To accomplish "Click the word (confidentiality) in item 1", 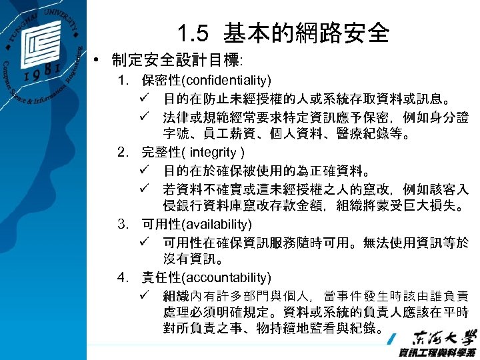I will (224, 81).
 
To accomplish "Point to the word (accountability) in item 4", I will (227, 277).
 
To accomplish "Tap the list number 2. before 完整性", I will (122, 152).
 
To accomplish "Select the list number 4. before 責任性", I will (122, 277).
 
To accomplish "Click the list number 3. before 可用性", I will (122, 224).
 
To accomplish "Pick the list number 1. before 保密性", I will (122, 81).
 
